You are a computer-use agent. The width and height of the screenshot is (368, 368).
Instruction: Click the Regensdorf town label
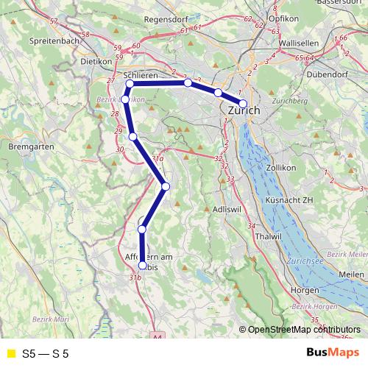point(168,19)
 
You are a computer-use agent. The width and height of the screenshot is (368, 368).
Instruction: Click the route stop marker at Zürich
point(243,103)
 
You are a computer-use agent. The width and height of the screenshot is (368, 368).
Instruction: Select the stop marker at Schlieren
point(130,84)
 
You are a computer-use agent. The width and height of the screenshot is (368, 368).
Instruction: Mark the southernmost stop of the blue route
point(142,266)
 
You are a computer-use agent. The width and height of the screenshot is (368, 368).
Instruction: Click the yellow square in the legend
point(10,353)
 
